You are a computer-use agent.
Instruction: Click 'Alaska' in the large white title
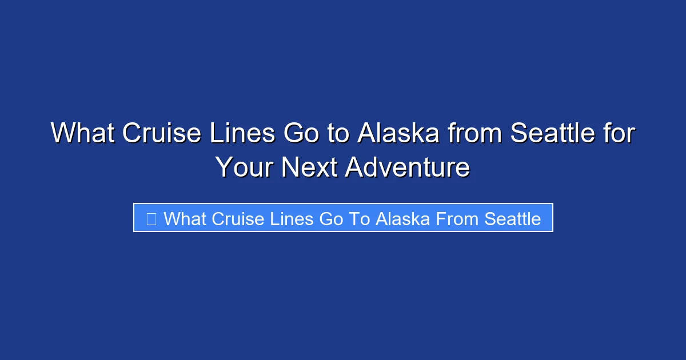click(398, 134)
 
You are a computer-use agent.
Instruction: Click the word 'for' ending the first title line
click(619, 134)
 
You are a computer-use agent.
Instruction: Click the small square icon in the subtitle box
click(151, 218)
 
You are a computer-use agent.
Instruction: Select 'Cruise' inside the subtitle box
click(237, 218)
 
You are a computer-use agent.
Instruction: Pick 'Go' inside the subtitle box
click(332, 218)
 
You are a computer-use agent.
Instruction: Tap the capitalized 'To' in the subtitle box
click(359, 218)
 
